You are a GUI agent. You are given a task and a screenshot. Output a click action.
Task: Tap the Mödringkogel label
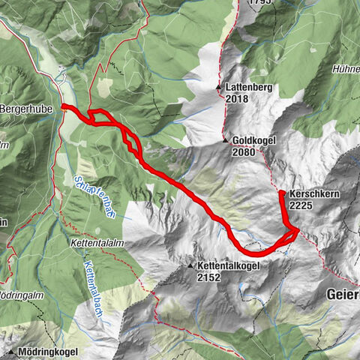(x=46, y=352)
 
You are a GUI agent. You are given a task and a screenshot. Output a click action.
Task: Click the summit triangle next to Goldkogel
(x=224, y=140)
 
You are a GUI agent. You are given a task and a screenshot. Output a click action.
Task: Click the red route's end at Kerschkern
(x=281, y=193)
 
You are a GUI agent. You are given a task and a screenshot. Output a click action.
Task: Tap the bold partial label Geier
(x=343, y=295)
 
